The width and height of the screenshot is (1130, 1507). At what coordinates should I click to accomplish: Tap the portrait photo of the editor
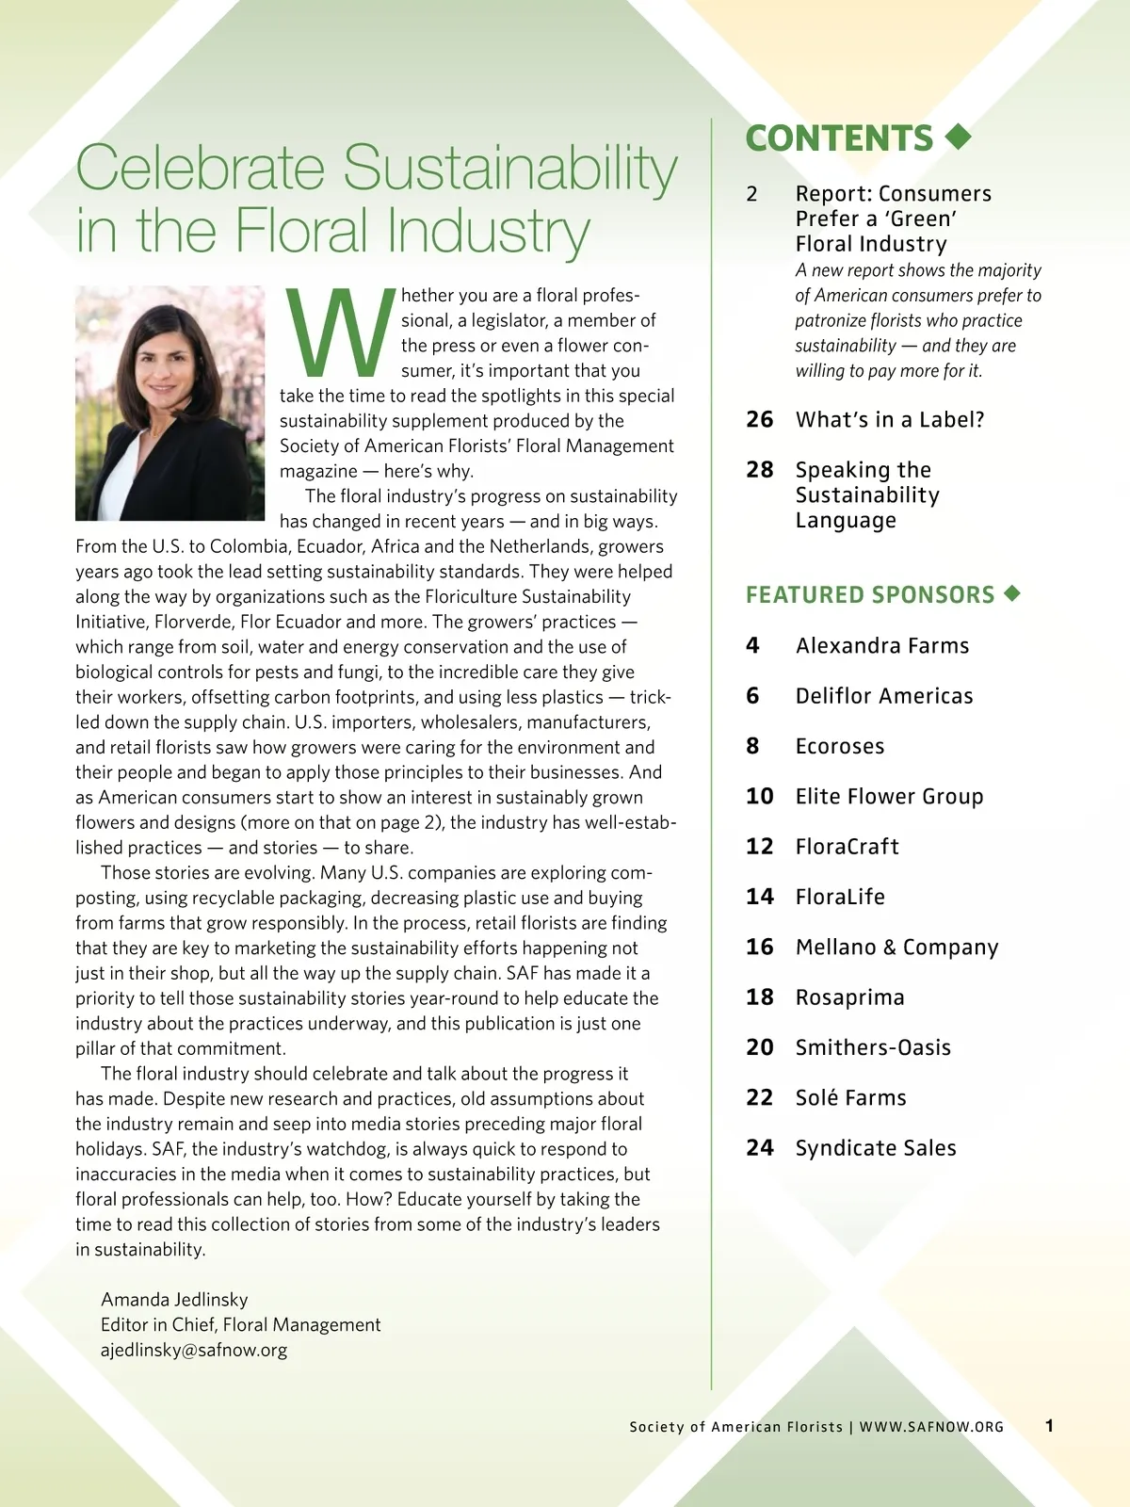pyautogui.click(x=169, y=403)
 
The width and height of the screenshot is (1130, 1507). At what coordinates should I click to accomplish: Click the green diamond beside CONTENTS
pyautogui.click(x=958, y=138)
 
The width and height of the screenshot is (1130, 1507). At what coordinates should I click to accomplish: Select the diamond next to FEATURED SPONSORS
pyautogui.click(x=1012, y=593)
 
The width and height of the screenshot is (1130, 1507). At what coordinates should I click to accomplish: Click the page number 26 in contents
pyautogui.click(x=759, y=419)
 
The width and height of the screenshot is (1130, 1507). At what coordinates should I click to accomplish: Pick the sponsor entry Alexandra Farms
pyautogui.click(x=881, y=645)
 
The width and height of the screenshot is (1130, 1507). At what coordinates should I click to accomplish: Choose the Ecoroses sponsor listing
pyautogui.click(x=839, y=746)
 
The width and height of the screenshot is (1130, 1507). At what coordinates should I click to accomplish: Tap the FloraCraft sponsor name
pyautogui.click(x=847, y=847)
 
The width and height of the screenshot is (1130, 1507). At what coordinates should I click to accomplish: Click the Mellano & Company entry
pyautogui.click(x=896, y=947)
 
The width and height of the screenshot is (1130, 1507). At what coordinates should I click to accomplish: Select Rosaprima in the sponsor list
pyautogui.click(x=849, y=997)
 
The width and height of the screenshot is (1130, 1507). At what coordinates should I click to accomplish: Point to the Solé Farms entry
pyautogui.click(x=850, y=1097)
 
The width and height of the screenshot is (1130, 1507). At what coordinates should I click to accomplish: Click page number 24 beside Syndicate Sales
pyautogui.click(x=759, y=1148)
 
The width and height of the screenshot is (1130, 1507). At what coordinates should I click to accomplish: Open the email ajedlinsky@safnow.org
pyautogui.click(x=194, y=1350)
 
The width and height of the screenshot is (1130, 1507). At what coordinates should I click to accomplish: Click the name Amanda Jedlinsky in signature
pyautogui.click(x=174, y=1300)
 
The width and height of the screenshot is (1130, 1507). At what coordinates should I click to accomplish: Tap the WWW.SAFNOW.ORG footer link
pyautogui.click(x=931, y=1427)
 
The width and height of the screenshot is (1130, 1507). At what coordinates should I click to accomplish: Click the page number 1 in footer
pyautogui.click(x=1049, y=1426)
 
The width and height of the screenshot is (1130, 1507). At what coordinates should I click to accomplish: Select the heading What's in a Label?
pyautogui.click(x=889, y=419)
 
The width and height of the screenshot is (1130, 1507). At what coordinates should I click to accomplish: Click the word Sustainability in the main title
pyautogui.click(x=509, y=168)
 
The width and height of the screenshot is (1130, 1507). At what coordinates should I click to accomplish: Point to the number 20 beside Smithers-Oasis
pyautogui.click(x=759, y=1047)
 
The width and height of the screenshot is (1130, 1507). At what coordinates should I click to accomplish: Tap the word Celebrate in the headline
pyautogui.click(x=201, y=168)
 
